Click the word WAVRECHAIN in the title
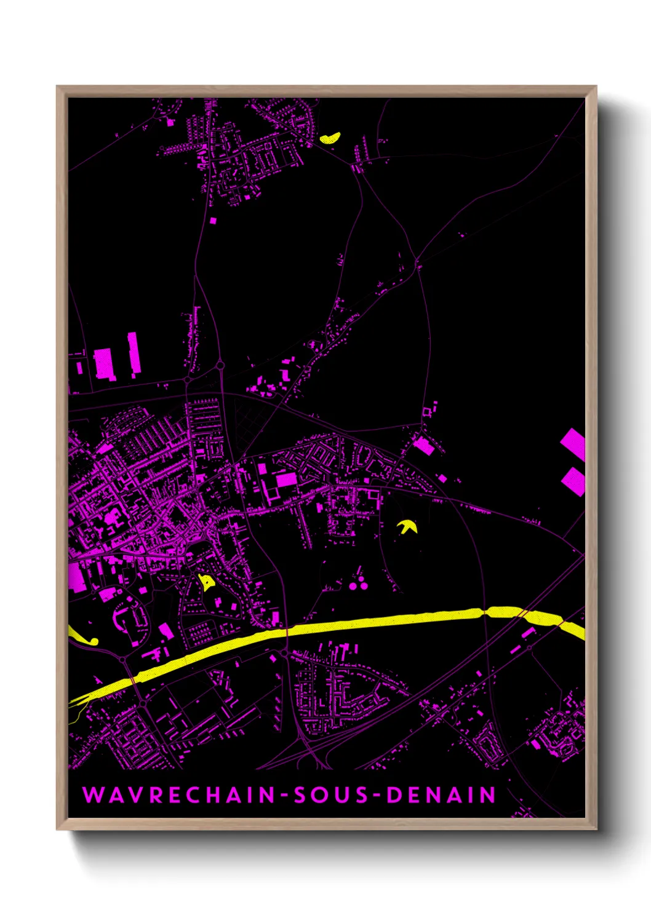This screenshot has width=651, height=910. click(x=179, y=795)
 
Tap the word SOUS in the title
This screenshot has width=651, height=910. click(x=330, y=795)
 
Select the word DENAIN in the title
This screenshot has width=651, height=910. click(x=441, y=795)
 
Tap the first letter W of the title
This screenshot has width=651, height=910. click(x=92, y=795)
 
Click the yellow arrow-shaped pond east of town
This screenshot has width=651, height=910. click(x=407, y=526)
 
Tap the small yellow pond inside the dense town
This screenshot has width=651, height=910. click(x=206, y=582)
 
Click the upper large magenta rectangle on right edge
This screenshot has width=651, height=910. click(x=573, y=443)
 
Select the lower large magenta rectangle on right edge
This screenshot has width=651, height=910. click(x=573, y=481)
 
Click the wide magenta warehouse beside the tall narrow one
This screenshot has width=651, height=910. click(x=103, y=364)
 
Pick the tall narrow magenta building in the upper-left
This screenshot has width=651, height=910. click(x=134, y=354)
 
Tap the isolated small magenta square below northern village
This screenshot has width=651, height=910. click(x=213, y=220)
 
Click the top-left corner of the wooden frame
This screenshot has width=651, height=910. click(x=58, y=87)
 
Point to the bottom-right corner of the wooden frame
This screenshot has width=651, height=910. click(x=596, y=829)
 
